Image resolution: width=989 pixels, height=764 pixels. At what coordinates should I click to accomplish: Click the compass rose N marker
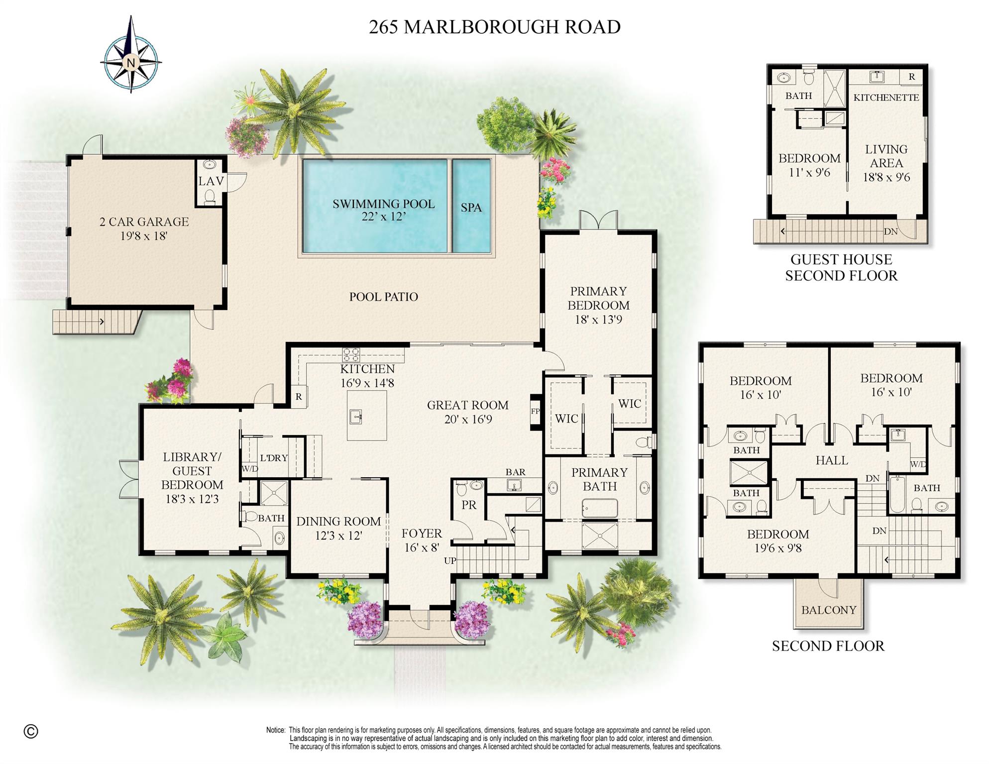[x=131, y=63]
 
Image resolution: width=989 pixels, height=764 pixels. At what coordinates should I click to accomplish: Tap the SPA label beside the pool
[x=471, y=208]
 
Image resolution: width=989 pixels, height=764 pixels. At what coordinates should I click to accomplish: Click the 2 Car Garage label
[x=144, y=228]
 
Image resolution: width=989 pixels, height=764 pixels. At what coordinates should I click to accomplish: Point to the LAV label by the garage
[x=211, y=181]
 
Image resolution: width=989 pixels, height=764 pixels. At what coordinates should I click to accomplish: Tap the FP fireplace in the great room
[x=535, y=412]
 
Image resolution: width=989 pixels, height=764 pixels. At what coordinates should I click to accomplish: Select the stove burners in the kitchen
[x=350, y=355]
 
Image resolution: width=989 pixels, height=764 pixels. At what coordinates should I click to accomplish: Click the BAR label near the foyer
[x=515, y=472]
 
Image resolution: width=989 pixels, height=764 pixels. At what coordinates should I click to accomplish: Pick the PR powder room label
[x=469, y=505]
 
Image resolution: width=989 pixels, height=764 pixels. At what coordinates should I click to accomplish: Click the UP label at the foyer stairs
[x=450, y=561]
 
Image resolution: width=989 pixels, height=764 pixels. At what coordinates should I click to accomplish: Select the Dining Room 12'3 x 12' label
[x=338, y=528]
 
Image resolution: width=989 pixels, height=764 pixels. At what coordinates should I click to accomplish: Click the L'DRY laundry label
[x=274, y=458]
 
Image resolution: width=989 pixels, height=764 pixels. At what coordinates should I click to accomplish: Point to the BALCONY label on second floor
[x=828, y=610]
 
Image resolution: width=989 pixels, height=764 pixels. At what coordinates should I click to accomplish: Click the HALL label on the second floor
[x=831, y=460]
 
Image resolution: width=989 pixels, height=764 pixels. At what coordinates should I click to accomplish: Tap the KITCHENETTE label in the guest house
[x=886, y=98]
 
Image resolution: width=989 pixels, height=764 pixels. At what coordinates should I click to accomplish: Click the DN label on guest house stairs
[x=890, y=231]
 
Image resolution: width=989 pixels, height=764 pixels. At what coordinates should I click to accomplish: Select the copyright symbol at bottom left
[x=31, y=731]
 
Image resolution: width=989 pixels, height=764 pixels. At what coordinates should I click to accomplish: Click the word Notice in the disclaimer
[x=276, y=730]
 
